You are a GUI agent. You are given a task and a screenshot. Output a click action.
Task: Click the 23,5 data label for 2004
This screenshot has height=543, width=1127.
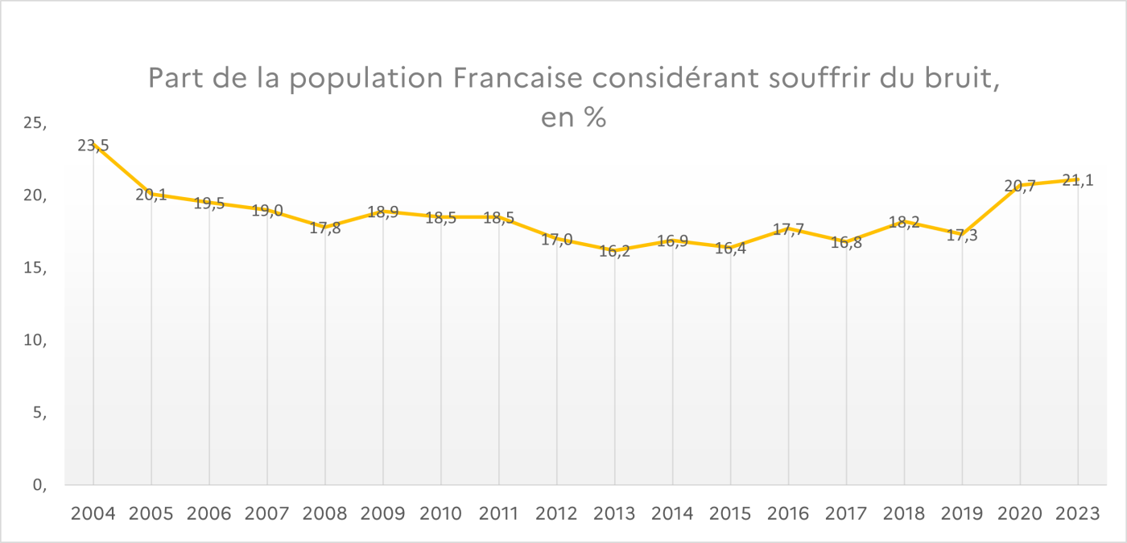pyautogui.click(x=93, y=146)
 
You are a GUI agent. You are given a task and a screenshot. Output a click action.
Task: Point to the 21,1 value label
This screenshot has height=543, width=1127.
pyautogui.click(x=1078, y=180)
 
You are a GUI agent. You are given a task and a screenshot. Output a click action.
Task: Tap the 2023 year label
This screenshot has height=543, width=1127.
pyautogui.click(x=1078, y=513)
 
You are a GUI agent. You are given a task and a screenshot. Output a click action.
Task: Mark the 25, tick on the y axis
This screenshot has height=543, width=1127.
pyautogui.click(x=36, y=124)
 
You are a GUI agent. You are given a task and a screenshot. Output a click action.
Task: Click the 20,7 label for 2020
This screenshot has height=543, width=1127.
pyautogui.click(x=1020, y=186)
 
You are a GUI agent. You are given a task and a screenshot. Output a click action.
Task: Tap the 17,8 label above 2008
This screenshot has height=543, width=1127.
pyautogui.click(x=325, y=227)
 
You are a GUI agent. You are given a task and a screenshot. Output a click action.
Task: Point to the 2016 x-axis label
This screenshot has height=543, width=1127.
pyautogui.click(x=789, y=513)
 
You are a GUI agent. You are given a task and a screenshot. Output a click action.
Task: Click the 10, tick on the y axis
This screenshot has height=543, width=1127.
pyautogui.click(x=36, y=340)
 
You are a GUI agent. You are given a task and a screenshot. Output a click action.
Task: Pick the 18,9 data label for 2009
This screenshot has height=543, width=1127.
pyautogui.click(x=383, y=212)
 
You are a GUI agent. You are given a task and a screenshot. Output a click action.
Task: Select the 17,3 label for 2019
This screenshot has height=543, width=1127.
pyautogui.click(x=962, y=235)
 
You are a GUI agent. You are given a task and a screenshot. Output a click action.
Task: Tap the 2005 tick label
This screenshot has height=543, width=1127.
pyautogui.click(x=151, y=513)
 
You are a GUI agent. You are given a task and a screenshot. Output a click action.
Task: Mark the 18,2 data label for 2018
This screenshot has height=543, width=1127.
pyautogui.click(x=905, y=222)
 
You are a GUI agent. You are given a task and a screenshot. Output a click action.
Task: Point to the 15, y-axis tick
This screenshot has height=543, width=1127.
pyautogui.click(x=36, y=268)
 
